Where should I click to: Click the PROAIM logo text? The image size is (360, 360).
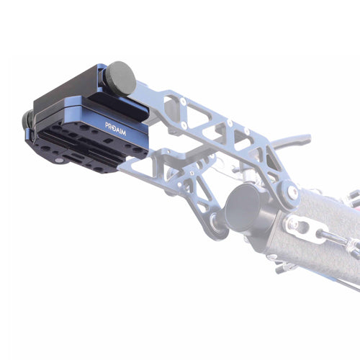click(x=115, y=129)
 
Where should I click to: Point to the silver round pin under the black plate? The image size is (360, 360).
click(x=59, y=161)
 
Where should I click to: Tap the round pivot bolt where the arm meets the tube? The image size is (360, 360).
click(x=292, y=192)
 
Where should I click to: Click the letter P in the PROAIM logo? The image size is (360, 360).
click(x=107, y=125)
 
